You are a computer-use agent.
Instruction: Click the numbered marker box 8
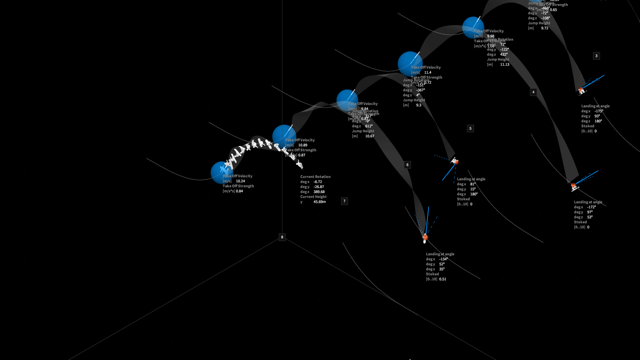coord(282,237)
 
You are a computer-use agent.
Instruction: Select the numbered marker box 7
coord(344,201)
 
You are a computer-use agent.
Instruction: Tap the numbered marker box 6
coord(407,165)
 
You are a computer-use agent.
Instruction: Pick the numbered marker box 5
coord(470,128)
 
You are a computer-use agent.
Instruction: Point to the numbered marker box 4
coord(533,92)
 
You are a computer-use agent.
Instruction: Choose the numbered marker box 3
coord(596,56)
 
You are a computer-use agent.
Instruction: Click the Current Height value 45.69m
coord(320,202)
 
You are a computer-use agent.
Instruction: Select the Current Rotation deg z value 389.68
coord(319,192)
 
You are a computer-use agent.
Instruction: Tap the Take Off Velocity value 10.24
coord(240,181)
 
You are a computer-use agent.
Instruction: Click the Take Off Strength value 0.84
coord(239,191)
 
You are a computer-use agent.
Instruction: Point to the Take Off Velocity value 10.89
coord(303,145)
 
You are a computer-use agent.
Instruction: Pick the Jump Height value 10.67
coord(370,136)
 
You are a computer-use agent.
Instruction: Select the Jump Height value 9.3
coord(419,105)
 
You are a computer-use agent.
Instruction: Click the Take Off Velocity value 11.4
coord(428,72)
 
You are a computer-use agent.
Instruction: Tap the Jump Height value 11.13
coord(505,64)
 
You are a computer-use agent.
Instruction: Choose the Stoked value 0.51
coord(443,279)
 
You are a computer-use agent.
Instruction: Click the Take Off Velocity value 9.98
coord(491,36)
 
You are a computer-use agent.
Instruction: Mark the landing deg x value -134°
coord(443,259)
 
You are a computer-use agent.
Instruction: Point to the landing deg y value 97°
coord(590,212)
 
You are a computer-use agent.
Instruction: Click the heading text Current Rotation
coord(315,177)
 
